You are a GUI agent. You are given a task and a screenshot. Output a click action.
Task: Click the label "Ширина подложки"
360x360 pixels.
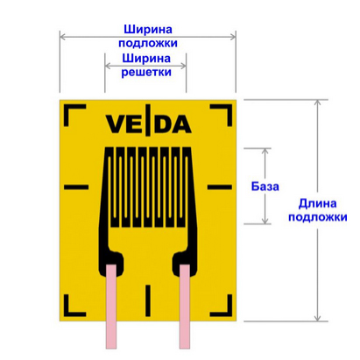(148, 36)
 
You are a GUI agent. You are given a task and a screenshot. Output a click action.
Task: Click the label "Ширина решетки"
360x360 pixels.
(146, 65)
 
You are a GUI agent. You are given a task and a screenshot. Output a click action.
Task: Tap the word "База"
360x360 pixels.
(265, 187)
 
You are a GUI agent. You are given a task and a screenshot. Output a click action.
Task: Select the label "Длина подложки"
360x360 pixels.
(318, 210)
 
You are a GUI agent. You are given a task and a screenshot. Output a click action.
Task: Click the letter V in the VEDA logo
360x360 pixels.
(113, 124)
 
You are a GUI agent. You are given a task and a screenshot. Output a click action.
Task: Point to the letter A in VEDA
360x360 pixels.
(183, 124)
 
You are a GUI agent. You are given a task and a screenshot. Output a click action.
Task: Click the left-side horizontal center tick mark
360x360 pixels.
(76, 187)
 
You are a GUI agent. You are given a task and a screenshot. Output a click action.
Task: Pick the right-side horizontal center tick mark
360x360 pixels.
(220, 187)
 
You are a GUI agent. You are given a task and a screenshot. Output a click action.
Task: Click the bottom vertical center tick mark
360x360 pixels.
(148, 300)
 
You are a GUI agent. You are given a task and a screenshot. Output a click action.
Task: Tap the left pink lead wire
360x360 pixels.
(111, 307)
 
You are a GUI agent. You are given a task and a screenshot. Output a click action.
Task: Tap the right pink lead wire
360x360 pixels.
(185, 307)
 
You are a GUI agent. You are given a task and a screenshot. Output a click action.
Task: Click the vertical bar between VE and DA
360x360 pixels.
(148, 120)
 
